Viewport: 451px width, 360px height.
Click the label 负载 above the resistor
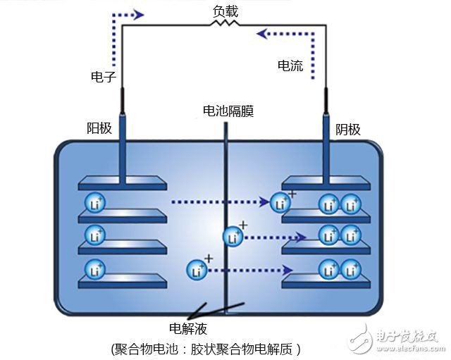(x=226, y=11)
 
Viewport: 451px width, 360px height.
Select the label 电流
(x=290, y=66)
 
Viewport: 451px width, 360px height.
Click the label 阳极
(x=99, y=130)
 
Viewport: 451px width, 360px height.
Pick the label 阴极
(x=347, y=130)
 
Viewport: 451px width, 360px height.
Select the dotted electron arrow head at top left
(x=138, y=14)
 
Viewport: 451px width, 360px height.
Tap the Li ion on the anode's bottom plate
(x=95, y=269)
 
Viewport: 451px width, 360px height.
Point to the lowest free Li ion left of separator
(x=197, y=269)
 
